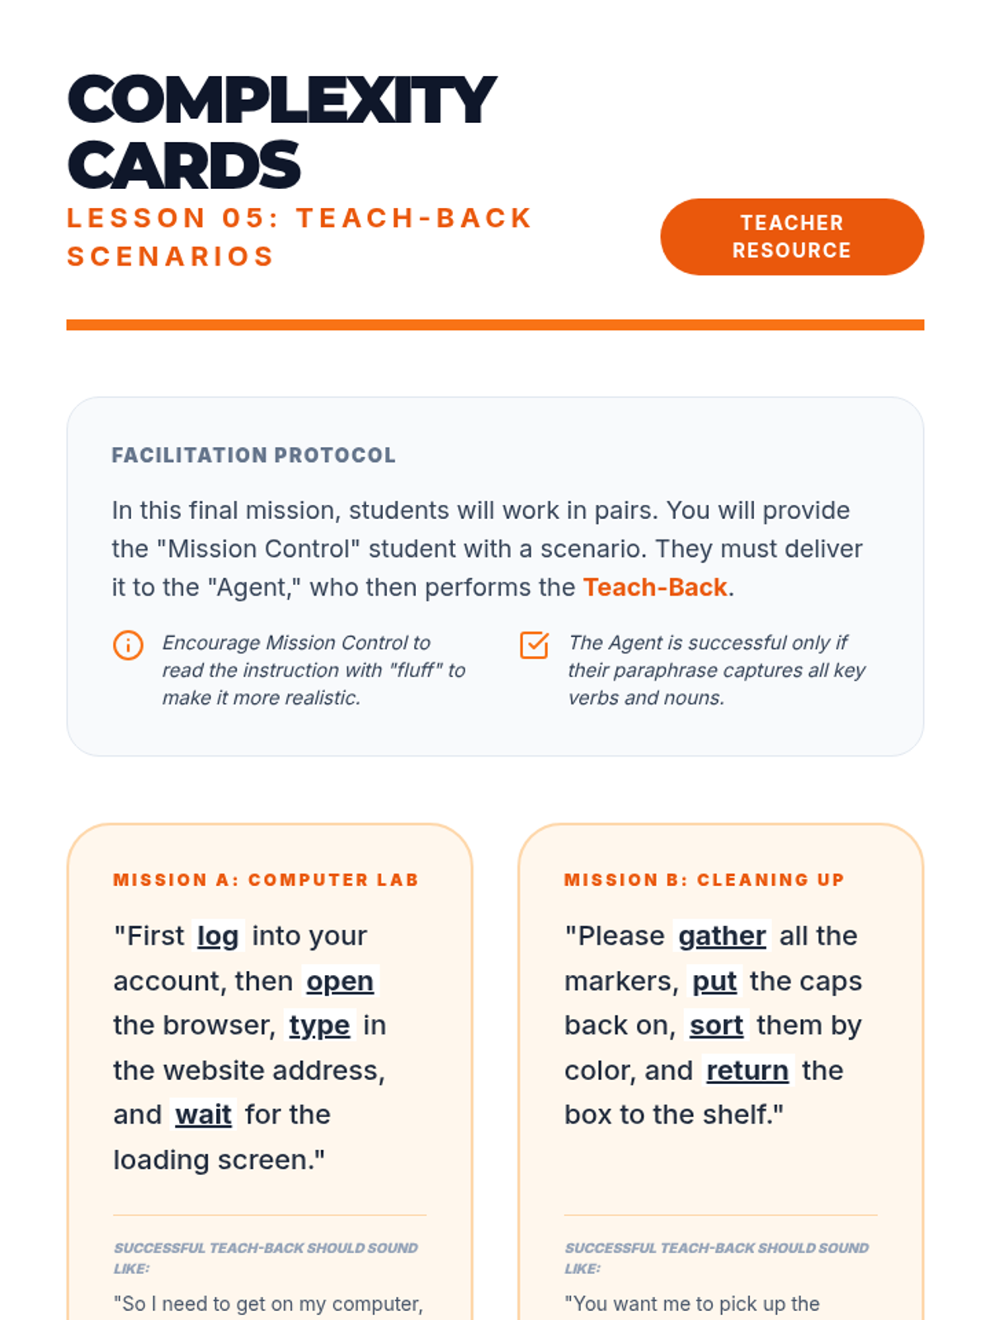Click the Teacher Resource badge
791,237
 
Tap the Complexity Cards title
280,132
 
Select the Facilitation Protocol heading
253,455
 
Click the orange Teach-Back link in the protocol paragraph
655,587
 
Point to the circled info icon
128,645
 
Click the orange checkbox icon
534,645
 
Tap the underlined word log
218,936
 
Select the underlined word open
340,982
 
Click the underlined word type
319,1025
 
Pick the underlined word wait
203,1115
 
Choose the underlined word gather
722,936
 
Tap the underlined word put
714,982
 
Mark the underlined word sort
716,1025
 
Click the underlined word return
747,1071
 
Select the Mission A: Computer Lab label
266,880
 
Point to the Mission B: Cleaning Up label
704,880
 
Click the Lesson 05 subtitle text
299,237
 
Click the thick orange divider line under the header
495,325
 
